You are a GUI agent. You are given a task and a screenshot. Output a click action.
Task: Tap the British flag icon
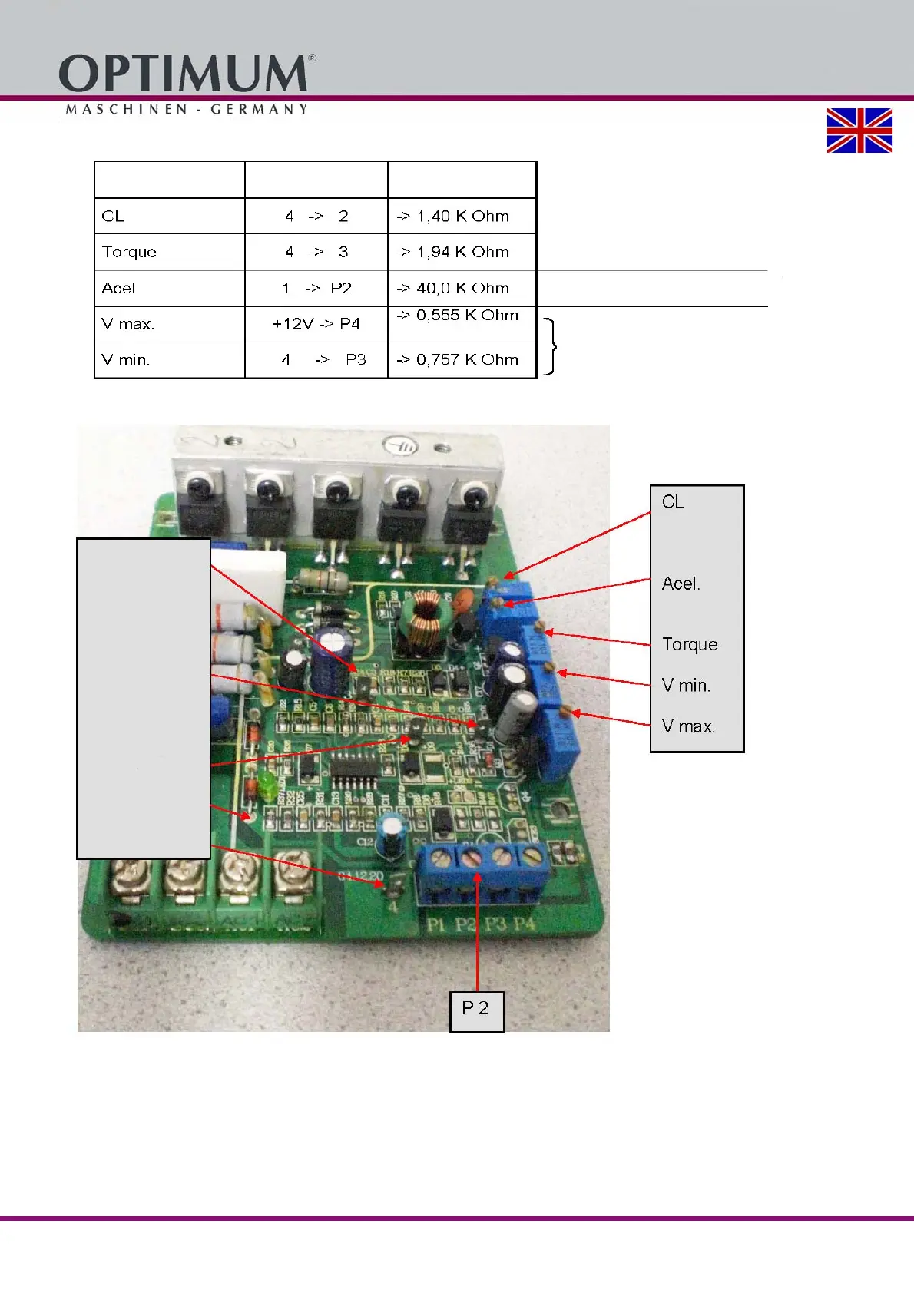tap(859, 131)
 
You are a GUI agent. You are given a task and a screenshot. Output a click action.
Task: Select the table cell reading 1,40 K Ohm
tap(462, 217)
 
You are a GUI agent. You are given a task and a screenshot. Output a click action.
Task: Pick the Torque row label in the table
tap(129, 252)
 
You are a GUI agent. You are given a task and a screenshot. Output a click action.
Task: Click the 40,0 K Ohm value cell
tap(462, 288)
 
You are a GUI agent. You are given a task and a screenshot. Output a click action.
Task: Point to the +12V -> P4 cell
tap(316, 324)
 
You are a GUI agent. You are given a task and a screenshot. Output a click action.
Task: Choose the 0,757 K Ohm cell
tap(462, 359)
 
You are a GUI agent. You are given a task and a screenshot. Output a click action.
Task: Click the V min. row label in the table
tap(125, 359)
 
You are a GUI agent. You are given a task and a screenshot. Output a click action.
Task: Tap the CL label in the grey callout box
tap(673, 502)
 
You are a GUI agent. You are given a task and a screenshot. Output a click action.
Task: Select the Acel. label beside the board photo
tap(681, 584)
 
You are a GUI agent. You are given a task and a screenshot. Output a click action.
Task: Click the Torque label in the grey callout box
tap(690, 644)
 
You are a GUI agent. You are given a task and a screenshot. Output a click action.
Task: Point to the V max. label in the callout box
tap(688, 726)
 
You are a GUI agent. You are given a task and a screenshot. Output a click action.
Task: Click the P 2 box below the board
tap(476, 1009)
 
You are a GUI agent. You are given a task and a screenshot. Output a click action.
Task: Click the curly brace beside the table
tap(550, 347)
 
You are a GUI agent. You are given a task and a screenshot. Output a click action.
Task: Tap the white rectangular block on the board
tap(247, 567)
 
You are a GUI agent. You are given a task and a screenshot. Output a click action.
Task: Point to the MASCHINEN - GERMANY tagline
tap(187, 109)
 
